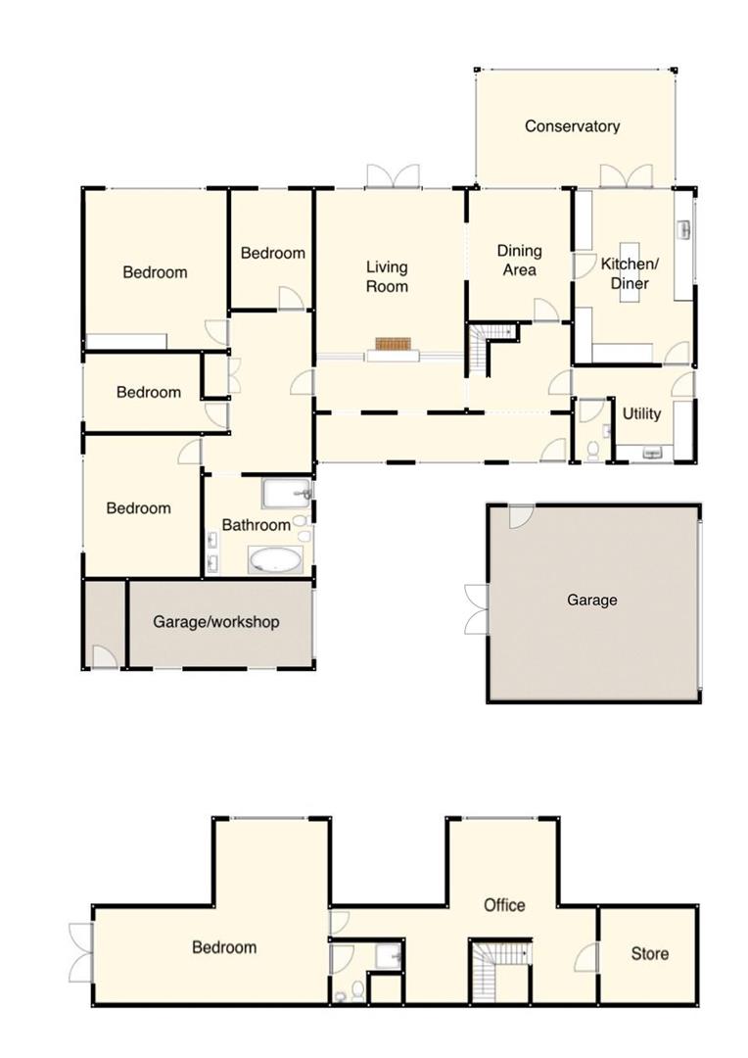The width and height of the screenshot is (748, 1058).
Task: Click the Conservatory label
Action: pos(572,126)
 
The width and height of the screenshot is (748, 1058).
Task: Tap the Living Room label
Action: pos(387,276)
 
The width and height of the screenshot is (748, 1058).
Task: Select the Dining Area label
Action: pos(519,261)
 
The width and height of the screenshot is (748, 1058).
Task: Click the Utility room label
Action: pos(641,413)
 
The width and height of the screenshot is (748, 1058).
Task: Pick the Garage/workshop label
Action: pos(215,622)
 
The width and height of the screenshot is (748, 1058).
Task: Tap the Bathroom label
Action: pos(256,525)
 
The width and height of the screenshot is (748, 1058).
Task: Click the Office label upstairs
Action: pos(504,905)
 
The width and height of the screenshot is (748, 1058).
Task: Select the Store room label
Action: pos(649,953)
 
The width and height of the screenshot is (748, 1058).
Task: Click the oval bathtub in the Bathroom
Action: pos(275,560)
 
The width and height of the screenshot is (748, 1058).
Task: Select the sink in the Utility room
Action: pos(652,452)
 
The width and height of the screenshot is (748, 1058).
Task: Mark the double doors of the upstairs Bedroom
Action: pos(81,951)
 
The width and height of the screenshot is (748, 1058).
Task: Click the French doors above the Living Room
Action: pos(393,176)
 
